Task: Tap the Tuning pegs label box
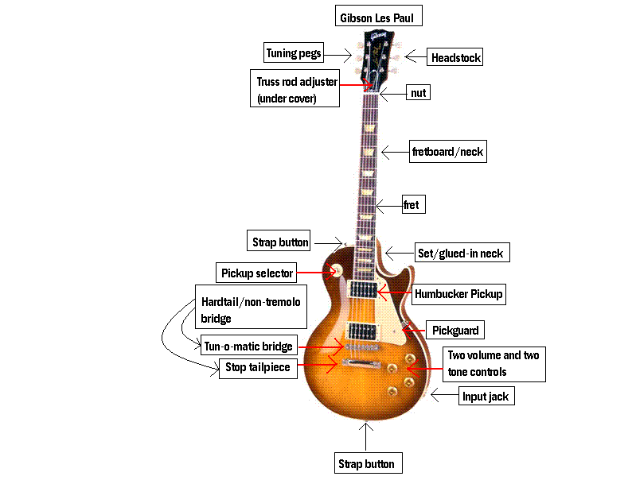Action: point(294,53)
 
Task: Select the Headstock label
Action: point(455,57)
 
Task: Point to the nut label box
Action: point(418,93)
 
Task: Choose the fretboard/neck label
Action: point(447,151)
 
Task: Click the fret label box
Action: point(411,204)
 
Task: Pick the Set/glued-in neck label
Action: point(460,254)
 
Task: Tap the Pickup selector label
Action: point(257,273)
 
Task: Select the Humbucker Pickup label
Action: point(458,294)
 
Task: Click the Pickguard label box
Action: point(457,329)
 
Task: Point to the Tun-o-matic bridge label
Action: point(249,346)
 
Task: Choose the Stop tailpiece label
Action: point(256,367)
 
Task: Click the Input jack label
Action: point(486,395)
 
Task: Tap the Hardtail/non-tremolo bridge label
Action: point(250,310)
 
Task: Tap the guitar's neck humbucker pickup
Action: point(362,290)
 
